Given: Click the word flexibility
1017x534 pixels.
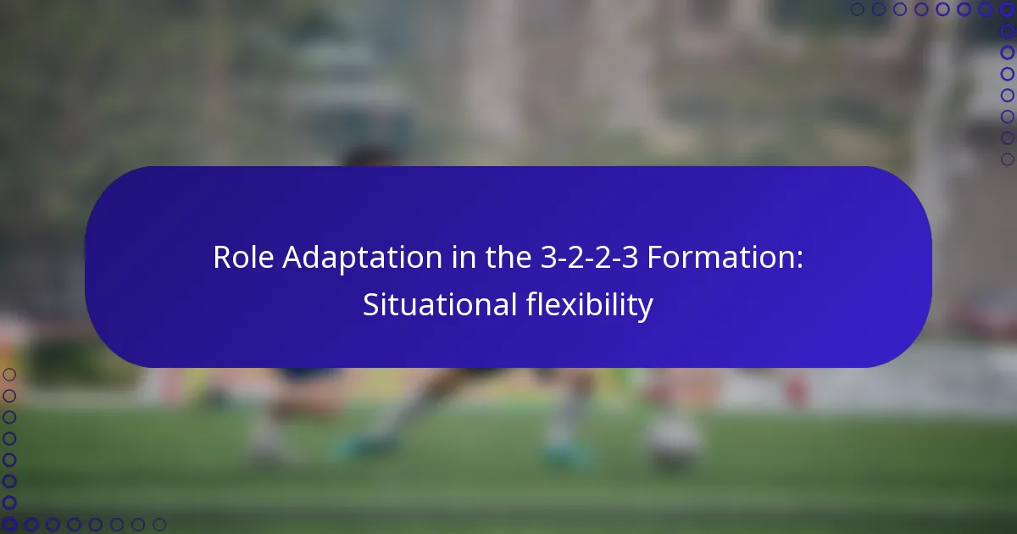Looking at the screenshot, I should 584,305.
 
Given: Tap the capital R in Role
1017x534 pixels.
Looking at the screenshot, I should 222,258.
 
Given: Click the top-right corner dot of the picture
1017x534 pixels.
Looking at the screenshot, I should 1008,9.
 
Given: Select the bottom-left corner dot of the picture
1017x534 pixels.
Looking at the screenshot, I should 9,525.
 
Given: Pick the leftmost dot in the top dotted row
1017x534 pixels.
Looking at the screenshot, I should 857,9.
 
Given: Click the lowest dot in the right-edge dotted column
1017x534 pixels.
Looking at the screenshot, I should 1008,159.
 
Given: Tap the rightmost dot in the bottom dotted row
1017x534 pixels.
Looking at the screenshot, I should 159,525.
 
